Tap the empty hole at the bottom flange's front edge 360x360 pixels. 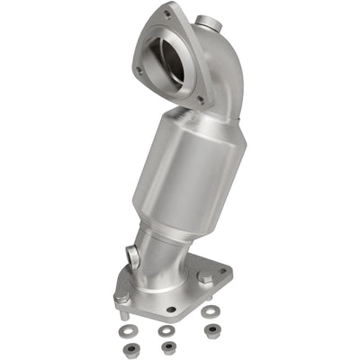coord(171,309)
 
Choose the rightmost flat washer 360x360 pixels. coord(211,311)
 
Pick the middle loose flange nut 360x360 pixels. coord(166,346)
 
